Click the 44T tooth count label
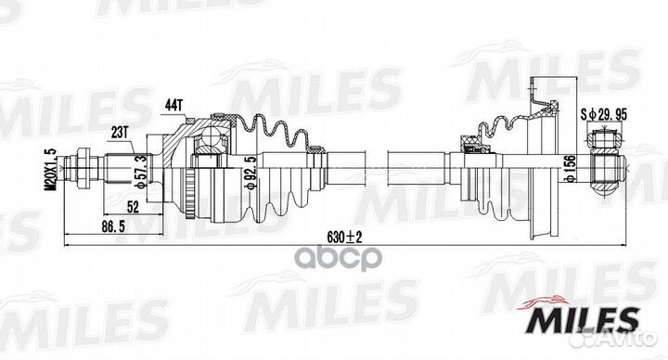173,106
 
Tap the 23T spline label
120,133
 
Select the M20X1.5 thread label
52,170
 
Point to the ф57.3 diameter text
142,172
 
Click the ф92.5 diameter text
251,173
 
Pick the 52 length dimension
133,207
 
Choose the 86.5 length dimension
113,226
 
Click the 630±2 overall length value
344,237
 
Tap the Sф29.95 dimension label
604,114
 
